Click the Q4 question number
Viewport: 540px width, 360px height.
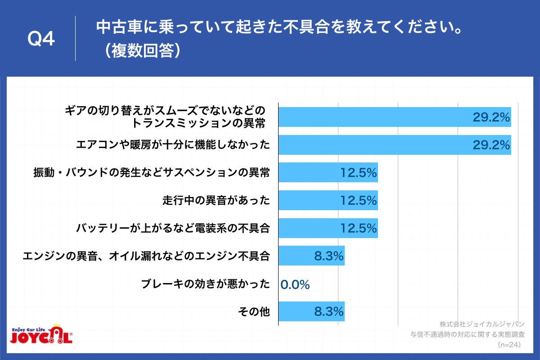(x=41, y=40)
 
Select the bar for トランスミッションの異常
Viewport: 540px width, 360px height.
(x=395, y=117)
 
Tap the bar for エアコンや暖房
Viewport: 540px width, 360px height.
(x=395, y=145)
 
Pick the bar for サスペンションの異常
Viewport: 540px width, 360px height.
(x=328, y=173)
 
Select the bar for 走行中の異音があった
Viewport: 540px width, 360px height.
(x=328, y=200)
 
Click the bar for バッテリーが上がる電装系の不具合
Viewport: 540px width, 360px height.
(x=328, y=228)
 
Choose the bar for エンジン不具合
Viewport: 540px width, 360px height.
(x=311, y=256)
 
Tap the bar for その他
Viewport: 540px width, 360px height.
(x=311, y=311)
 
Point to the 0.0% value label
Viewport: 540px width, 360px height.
(x=295, y=284)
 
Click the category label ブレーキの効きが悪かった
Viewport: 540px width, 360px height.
(x=206, y=284)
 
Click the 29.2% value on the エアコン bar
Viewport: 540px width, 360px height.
(x=491, y=145)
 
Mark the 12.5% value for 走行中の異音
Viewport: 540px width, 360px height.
(x=358, y=201)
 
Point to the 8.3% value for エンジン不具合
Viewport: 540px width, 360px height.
(x=329, y=256)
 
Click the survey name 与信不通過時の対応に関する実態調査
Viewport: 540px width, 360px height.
(x=468, y=335)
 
